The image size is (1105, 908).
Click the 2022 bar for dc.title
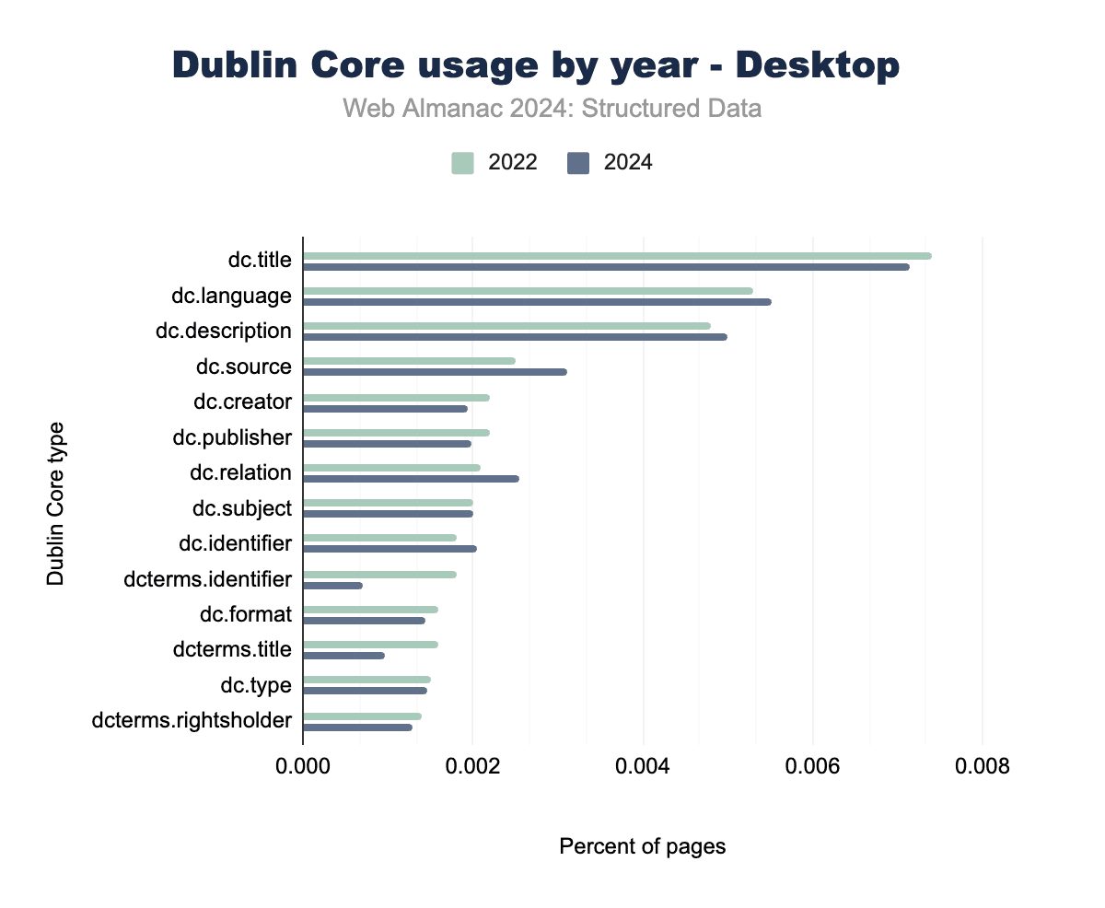pos(617,256)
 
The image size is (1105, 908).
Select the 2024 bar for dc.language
pos(537,302)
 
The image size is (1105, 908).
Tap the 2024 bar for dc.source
pos(435,372)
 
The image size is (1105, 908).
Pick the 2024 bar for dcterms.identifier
pos(332,586)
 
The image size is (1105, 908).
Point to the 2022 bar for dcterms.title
pos(370,645)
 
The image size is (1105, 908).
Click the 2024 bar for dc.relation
pos(411,479)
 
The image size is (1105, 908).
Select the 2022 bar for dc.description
pos(506,326)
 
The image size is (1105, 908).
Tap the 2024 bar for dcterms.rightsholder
pos(357,728)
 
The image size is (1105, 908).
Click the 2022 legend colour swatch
pos(462,163)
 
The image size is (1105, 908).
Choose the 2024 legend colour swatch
pos(578,163)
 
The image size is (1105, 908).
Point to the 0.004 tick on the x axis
pos(643,766)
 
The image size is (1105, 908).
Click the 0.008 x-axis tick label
pos(983,766)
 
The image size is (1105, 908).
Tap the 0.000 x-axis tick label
pos(303,766)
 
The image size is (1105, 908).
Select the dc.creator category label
pos(242,402)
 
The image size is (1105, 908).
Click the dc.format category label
pos(246,614)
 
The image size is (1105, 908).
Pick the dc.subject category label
pos(242,508)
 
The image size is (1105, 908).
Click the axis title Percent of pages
pos(643,846)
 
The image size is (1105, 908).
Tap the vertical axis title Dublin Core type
pos(56,503)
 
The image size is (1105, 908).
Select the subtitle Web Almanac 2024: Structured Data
pos(552,109)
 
